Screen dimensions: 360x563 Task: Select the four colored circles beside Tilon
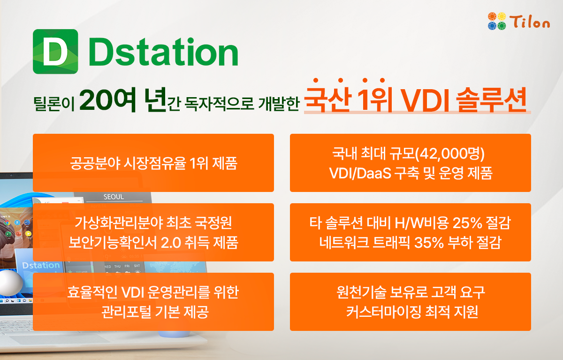(x=497, y=21)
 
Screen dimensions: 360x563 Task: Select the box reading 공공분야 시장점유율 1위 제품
(x=153, y=163)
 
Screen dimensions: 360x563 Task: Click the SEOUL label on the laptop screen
(x=114, y=196)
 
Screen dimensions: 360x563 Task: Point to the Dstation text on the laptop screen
(x=41, y=265)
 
